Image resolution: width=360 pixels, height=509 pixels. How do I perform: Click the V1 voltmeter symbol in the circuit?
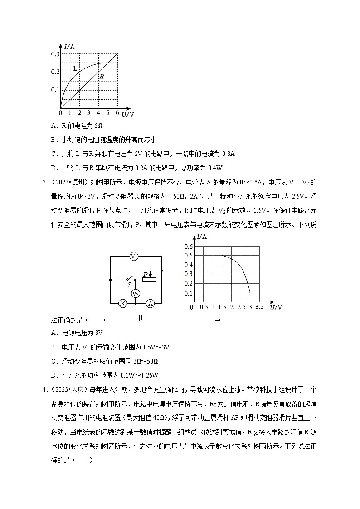(134, 257)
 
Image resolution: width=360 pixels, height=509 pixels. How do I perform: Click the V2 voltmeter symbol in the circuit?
(135, 294)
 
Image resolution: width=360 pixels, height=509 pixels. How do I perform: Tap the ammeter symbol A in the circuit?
(151, 304)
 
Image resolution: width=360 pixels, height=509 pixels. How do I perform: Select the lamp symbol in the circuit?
(122, 304)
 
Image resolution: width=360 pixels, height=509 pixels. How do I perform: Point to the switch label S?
(130, 285)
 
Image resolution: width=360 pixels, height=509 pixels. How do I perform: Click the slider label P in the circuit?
(145, 275)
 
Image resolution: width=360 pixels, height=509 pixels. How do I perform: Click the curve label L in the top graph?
(75, 68)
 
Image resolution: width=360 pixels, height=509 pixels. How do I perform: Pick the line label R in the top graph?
(102, 77)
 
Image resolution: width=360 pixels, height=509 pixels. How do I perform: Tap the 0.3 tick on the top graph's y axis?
(55, 54)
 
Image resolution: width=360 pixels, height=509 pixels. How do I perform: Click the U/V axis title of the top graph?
(127, 115)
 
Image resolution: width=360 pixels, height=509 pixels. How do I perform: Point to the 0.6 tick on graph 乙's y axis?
(189, 246)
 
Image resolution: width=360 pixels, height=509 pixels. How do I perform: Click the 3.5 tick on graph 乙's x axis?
(259, 307)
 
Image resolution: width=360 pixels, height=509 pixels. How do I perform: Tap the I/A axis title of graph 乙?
(202, 237)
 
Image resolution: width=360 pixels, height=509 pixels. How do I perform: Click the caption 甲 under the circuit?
(139, 318)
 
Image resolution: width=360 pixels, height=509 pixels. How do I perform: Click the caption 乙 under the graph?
(217, 319)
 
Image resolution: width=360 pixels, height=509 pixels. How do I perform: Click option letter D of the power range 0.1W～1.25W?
(54, 375)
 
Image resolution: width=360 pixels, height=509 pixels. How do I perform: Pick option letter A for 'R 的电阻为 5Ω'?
(54, 126)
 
